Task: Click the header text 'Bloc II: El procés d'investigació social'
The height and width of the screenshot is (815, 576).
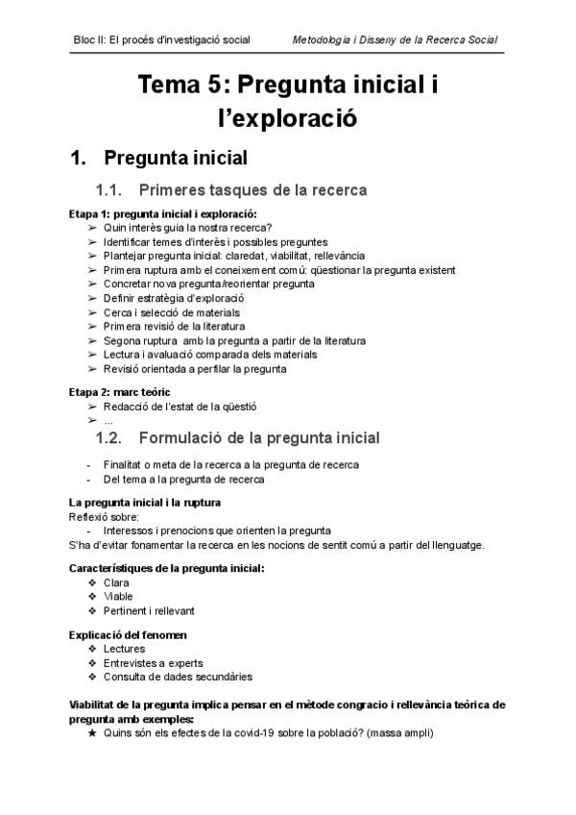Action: tap(161, 39)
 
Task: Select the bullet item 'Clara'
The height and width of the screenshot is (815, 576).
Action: tap(116, 582)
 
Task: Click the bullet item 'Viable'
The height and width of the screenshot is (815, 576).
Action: tap(118, 596)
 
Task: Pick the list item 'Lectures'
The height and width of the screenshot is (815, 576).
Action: tap(124, 649)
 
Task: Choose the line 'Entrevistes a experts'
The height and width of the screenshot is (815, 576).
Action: tap(152, 662)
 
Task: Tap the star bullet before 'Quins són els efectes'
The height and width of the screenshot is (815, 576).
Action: tap(92, 732)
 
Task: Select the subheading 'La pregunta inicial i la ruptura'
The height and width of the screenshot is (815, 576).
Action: tap(145, 503)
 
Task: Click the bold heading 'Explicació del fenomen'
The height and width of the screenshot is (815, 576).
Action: tap(128, 634)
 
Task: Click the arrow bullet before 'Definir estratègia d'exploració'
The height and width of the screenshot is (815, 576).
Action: tap(92, 298)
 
